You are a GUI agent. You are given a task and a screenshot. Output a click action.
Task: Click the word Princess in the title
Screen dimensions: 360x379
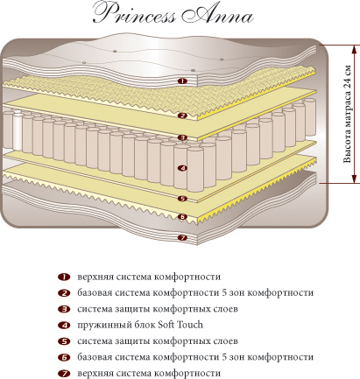point(135,14)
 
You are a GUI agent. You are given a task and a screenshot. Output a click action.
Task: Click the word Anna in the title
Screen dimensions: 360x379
point(216,14)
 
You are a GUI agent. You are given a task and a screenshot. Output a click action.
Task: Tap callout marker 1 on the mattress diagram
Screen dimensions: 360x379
point(182,81)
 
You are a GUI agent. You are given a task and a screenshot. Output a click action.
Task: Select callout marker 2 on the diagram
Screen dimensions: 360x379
point(182,116)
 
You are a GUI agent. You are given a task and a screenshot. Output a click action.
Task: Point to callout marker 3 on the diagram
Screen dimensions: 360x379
point(182,137)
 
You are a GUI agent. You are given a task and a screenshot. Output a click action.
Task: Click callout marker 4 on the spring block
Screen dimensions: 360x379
point(182,168)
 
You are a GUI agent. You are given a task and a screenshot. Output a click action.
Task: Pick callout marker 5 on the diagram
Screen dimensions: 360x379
point(182,199)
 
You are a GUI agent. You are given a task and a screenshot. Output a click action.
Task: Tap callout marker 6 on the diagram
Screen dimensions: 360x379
point(182,217)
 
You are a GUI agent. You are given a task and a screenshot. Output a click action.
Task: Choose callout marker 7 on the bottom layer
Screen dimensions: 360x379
point(182,238)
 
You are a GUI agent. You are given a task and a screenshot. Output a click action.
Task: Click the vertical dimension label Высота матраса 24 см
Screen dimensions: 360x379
point(347,114)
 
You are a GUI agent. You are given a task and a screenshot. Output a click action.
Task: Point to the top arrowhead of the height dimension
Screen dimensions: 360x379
point(354,49)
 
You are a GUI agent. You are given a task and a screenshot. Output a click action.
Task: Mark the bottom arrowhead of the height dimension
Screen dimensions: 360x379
point(354,179)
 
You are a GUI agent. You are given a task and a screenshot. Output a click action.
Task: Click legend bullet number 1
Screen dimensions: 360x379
point(64,277)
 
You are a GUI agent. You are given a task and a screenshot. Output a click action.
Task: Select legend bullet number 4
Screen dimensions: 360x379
point(64,325)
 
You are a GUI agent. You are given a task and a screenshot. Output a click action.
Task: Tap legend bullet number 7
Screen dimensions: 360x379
point(64,373)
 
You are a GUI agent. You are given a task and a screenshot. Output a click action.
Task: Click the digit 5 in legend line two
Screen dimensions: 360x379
point(224,292)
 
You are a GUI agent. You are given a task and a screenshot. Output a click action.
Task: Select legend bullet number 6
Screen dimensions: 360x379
point(64,357)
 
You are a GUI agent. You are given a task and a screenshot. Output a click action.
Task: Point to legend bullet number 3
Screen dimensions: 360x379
point(64,309)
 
